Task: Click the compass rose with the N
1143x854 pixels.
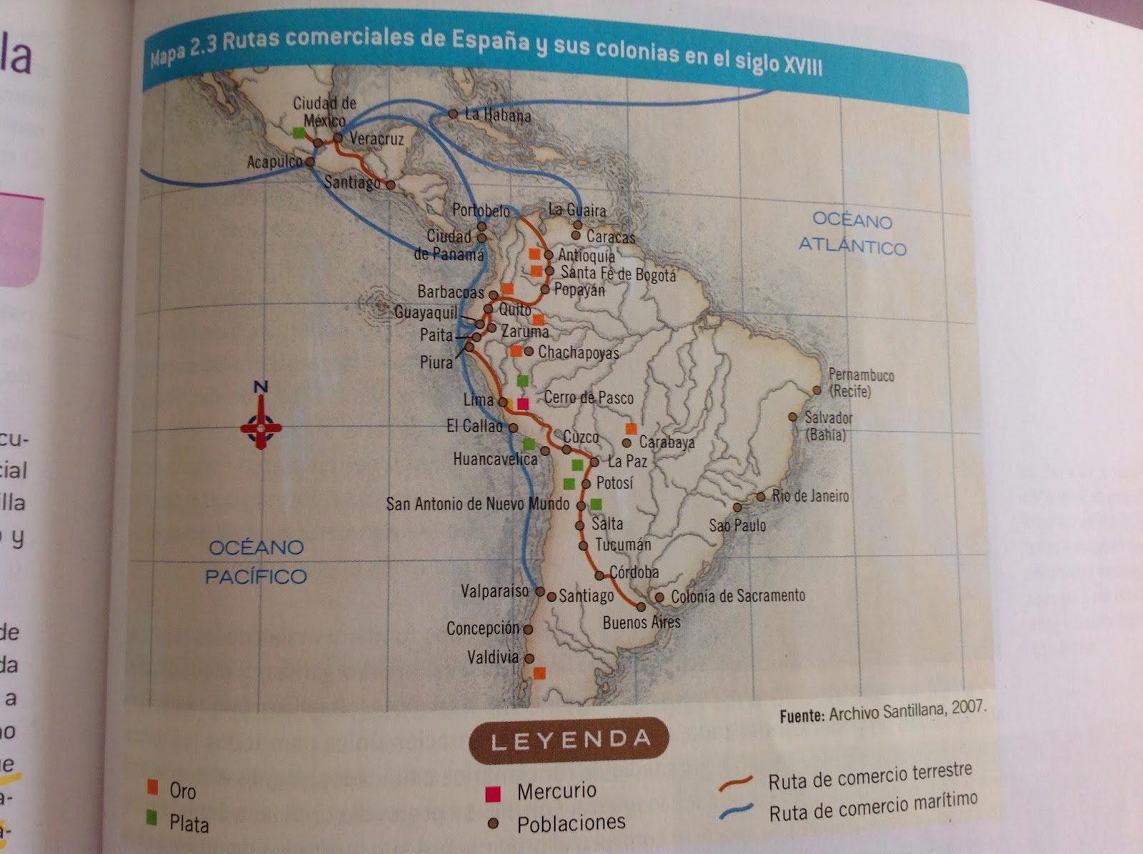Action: (261, 427)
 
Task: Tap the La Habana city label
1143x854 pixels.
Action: (497, 114)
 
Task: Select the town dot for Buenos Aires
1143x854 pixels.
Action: (641, 607)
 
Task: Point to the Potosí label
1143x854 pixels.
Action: (614, 483)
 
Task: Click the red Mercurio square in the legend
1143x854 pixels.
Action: (492, 793)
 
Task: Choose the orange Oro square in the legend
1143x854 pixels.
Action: (152, 788)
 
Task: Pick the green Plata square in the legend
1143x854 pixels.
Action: (152, 818)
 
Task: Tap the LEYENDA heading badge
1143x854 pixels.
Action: (569, 740)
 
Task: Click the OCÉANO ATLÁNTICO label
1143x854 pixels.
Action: (852, 234)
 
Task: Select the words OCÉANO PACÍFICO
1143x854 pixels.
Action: (256, 562)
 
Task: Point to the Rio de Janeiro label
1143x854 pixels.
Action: (810, 496)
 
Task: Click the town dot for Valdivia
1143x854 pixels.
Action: (529, 658)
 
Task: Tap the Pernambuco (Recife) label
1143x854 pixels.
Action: (860, 383)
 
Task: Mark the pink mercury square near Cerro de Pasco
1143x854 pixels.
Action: (523, 404)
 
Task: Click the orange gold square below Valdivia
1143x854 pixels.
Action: (539, 672)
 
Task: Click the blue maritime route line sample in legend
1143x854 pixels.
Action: (737, 811)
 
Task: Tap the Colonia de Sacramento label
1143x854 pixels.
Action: (737, 596)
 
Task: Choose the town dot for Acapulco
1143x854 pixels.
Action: (310, 162)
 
